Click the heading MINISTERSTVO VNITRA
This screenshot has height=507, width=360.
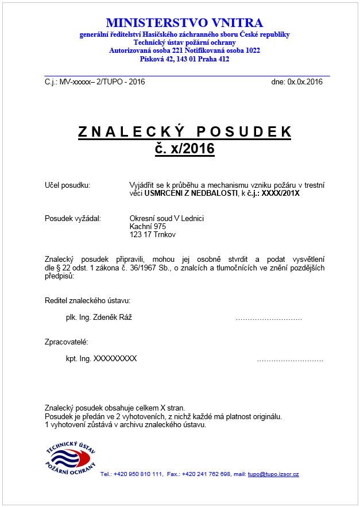[184, 23]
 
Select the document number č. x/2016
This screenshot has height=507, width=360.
[184, 149]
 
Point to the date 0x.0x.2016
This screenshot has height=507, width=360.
[297, 82]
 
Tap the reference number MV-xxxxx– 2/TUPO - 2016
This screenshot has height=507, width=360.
[95, 82]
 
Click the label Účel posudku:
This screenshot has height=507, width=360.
[67, 185]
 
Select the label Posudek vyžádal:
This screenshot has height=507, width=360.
[72, 218]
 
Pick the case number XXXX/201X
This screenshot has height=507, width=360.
[280, 193]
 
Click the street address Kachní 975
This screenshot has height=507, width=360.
[148, 226]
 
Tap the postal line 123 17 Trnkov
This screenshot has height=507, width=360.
[153, 234]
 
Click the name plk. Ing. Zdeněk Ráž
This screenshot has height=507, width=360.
[99, 318]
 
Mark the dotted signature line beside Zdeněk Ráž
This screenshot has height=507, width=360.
[269, 318]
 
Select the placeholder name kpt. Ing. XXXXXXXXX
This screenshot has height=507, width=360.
[101, 359]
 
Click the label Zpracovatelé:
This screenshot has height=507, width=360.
[66, 342]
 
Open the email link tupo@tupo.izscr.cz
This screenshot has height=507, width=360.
[273, 474]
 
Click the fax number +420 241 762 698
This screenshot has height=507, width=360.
[206, 474]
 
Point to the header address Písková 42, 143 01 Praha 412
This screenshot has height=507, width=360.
[184, 59]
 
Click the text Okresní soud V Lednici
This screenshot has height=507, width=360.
[167, 218]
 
